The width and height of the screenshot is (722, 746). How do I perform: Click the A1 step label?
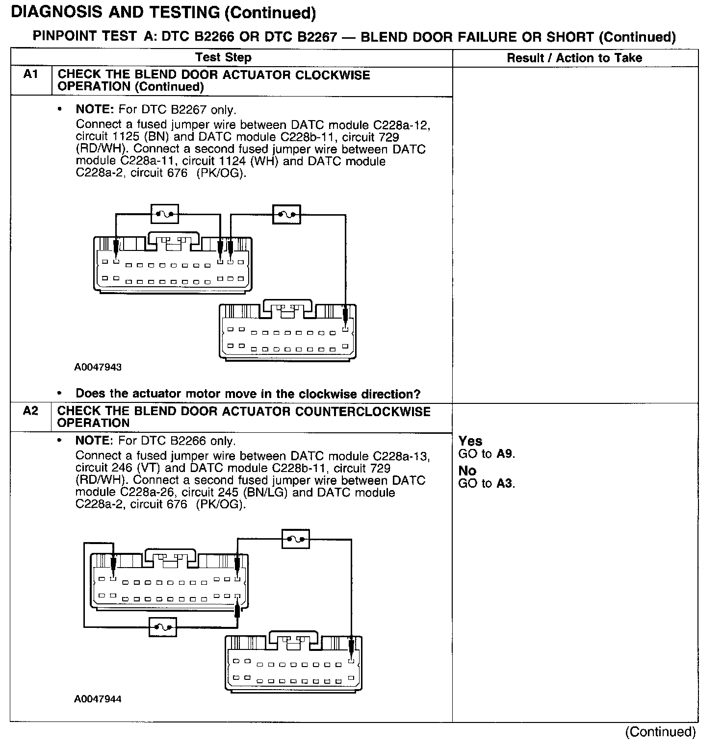pos(30,75)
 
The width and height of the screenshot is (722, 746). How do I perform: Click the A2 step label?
pos(30,411)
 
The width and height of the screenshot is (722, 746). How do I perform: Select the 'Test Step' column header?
pos(223,57)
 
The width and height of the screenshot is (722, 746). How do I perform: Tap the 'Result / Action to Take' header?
pos(574,58)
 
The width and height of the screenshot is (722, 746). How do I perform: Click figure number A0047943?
pos(98,367)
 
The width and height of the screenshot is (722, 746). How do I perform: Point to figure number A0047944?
pos(98,699)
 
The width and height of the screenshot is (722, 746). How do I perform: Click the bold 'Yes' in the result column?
pos(470,441)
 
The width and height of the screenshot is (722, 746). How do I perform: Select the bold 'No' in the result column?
pos(467,471)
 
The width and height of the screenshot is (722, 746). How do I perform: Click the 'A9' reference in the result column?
pos(505,454)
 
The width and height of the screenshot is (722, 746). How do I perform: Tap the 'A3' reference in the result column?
pos(505,484)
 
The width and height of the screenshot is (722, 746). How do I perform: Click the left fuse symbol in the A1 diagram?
pos(164,214)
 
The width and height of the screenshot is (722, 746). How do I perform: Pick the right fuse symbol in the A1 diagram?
pos(286,214)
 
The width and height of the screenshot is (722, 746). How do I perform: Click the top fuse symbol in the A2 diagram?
pos(296,540)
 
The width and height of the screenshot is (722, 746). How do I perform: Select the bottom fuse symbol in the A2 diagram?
pos(162,626)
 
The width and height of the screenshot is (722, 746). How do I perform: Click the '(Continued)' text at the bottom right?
pos(660,732)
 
